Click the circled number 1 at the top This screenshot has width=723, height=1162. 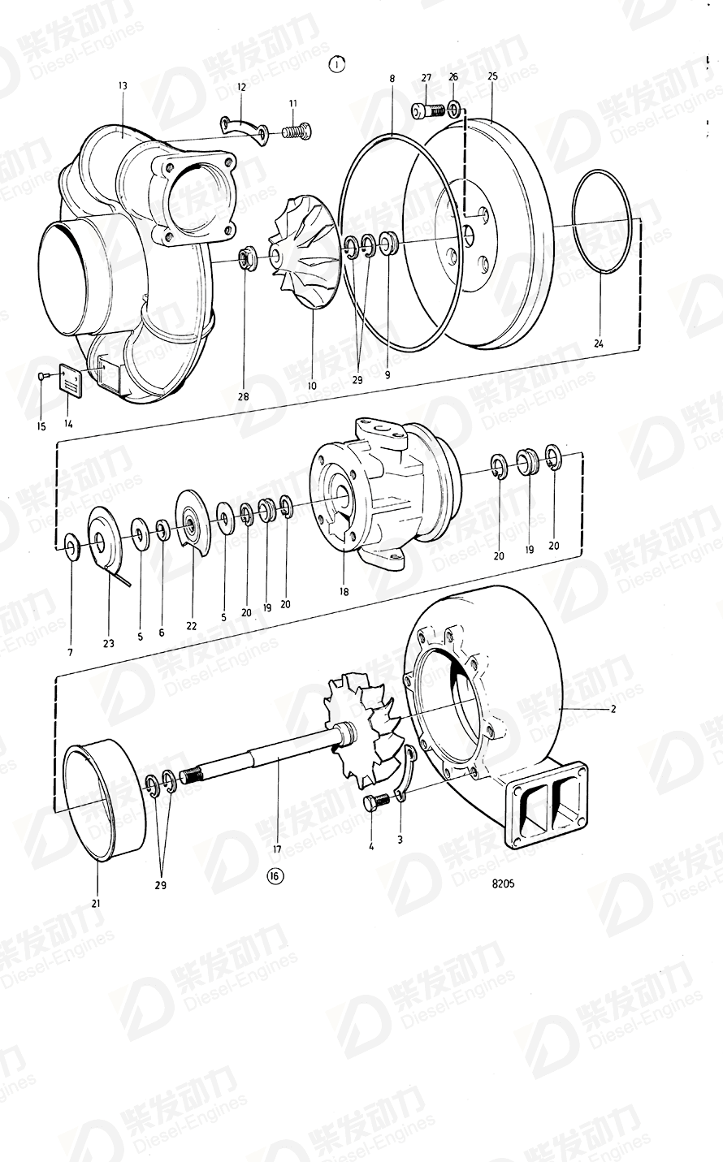click(337, 64)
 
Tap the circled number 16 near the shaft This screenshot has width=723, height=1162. click(275, 876)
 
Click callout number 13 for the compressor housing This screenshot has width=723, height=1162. click(123, 85)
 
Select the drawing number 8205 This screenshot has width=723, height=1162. click(503, 883)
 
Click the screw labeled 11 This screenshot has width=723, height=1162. click(297, 130)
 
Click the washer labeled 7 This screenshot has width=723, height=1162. click(71, 546)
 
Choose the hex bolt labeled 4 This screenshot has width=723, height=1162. click(374, 802)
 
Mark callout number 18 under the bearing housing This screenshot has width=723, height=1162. click(344, 591)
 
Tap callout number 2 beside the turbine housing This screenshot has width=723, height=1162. click(613, 709)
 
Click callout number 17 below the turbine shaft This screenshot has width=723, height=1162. click(277, 849)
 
